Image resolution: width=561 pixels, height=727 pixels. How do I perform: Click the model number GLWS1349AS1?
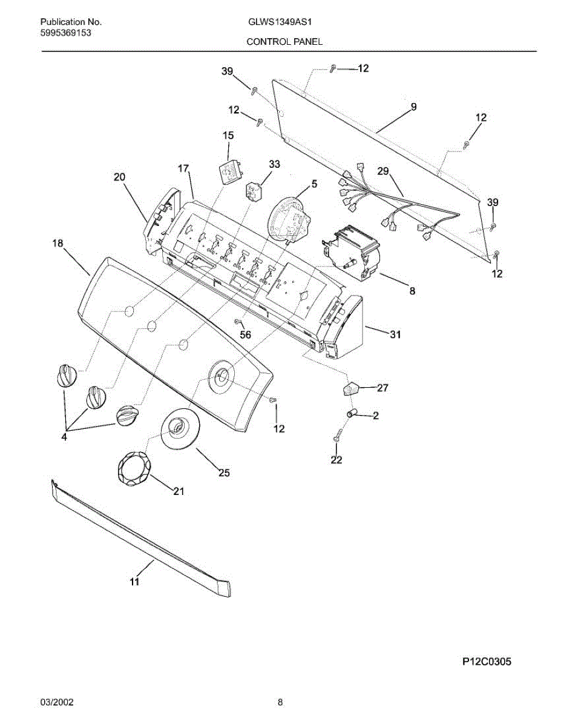[x=280, y=22]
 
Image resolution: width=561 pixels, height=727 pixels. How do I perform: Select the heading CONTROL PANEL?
[x=284, y=42]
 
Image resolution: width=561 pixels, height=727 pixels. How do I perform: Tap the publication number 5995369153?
[x=67, y=33]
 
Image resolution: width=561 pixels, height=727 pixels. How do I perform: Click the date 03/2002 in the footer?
[x=56, y=703]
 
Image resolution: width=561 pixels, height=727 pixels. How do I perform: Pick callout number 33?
[x=274, y=164]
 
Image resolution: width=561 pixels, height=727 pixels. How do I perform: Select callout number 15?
[x=228, y=136]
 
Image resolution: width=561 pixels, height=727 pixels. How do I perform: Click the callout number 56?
[x=245, y=334]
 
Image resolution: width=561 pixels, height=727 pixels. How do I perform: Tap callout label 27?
[x=382, y=388]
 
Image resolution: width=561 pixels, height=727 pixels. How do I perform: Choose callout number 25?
[x=224, y=473]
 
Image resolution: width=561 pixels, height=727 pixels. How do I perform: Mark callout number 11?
[x=134, y=582]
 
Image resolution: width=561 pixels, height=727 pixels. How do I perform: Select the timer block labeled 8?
[x=351, y=251]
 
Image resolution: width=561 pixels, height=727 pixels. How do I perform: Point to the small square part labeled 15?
[x=230, y=171]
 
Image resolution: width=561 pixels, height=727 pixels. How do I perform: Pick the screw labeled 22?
[x=338, y=434]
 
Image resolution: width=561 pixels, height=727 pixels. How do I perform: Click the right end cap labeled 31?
[x=346, y=327]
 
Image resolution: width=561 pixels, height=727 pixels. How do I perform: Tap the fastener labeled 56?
[x=238, y=320]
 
